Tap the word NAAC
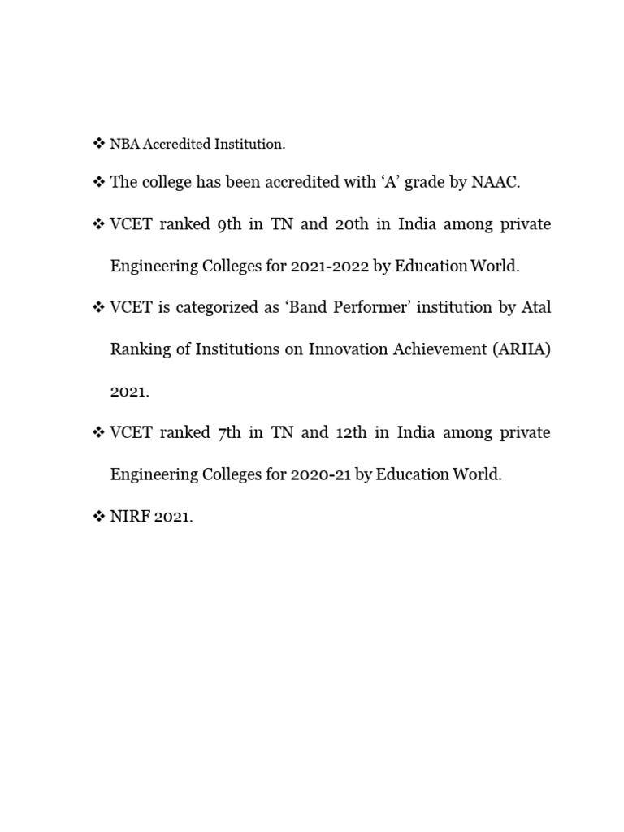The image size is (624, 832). tap(494, 182)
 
